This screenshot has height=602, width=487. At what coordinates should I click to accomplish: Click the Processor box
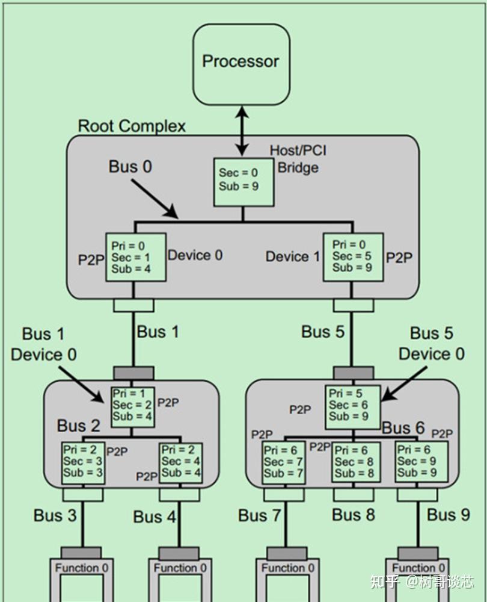[240, 61]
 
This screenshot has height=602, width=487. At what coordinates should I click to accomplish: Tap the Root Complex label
[132, 126]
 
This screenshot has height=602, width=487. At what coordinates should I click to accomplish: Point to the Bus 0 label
[130, 167]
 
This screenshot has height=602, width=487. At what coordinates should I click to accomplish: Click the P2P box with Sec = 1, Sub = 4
[136, 257]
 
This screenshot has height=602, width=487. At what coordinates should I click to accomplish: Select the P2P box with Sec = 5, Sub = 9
[352, 257]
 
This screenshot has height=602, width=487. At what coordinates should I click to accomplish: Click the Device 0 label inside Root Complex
[195, 255]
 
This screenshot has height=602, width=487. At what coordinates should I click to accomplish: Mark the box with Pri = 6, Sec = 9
[421, 462]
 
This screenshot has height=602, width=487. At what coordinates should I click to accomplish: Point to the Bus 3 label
[56, 515]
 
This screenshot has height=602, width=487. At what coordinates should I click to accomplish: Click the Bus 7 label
[260, 515]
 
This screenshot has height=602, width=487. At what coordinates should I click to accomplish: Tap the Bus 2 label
[79, 426]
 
